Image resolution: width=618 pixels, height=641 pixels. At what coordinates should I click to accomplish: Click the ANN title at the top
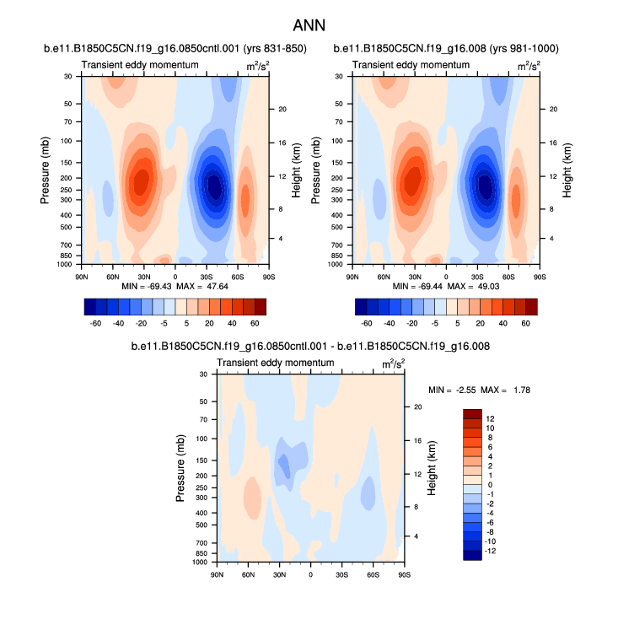[x=309, y=25]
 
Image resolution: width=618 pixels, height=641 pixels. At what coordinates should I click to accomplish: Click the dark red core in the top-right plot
[x=413, y=181]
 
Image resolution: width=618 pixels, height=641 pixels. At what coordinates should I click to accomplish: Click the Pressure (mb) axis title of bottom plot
[x=181, y=467]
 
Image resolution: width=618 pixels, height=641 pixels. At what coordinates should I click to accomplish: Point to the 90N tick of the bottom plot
[x=217, y=574]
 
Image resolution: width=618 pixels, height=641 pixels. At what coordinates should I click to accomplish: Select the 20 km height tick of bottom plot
[x=417, y=407]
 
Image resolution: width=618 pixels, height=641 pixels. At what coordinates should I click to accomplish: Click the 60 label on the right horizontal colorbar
[x=525, y=323]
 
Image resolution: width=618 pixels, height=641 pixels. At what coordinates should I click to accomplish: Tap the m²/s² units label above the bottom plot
[x=393, y=364]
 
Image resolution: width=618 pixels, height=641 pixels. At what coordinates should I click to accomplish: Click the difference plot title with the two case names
[x=311, y=347]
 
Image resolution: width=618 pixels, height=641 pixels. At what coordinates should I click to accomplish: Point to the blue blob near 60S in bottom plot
[x=368, y=491]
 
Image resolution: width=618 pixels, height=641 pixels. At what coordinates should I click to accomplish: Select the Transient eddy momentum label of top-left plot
[x=140, y=65]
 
